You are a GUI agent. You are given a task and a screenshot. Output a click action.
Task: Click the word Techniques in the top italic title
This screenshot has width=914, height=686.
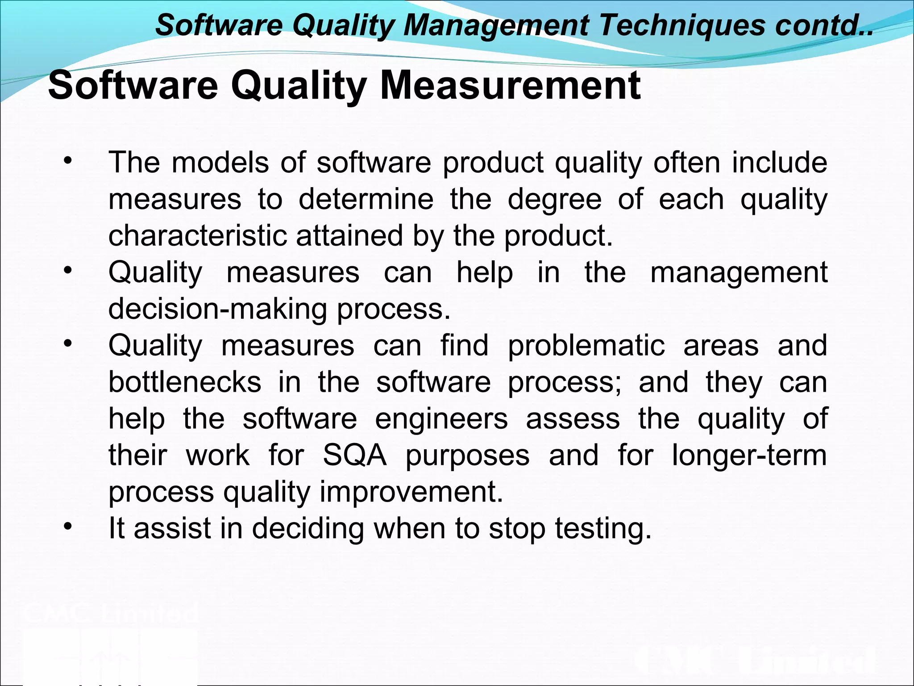coord(682,25)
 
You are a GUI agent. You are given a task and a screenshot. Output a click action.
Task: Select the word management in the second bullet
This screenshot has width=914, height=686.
coord(739,272)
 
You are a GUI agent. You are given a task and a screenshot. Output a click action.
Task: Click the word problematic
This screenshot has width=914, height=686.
coord(586,346)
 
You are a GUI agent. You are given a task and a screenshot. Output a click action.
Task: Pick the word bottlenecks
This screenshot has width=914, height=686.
coord(185,382)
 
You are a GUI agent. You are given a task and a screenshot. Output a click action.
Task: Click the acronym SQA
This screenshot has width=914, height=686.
coord(355,456)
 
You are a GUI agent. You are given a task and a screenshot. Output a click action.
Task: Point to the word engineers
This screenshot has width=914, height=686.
coord(441,419)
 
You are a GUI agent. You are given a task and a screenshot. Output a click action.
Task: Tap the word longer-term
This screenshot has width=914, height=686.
coord(749,456)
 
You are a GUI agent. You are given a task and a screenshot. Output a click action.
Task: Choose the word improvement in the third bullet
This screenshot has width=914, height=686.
coord(411,492)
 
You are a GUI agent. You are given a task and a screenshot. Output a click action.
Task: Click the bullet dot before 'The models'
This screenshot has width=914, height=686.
coord(67,161)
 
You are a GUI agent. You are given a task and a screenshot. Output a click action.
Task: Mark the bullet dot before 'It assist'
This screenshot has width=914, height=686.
coord(67,527)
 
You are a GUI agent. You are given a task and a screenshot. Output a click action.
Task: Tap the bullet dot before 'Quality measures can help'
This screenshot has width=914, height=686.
coord(67,271)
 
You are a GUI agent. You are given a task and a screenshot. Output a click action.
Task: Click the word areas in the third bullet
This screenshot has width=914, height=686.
coord(721,346)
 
